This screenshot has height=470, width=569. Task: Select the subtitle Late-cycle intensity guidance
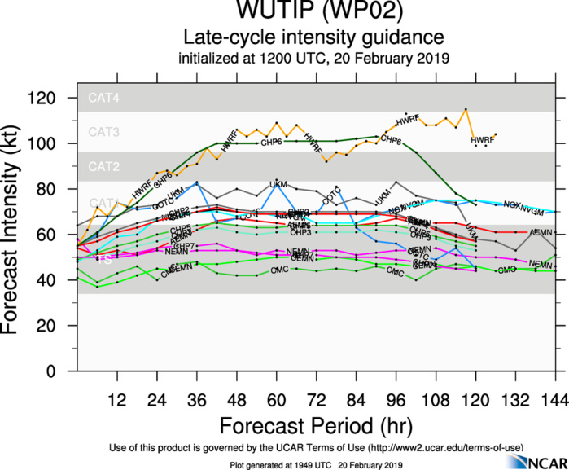pos(313,37)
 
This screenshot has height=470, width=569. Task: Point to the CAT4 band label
pos(105,99)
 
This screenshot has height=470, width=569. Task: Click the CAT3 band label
pos(105,132)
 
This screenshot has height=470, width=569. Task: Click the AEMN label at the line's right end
pos(541,233)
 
